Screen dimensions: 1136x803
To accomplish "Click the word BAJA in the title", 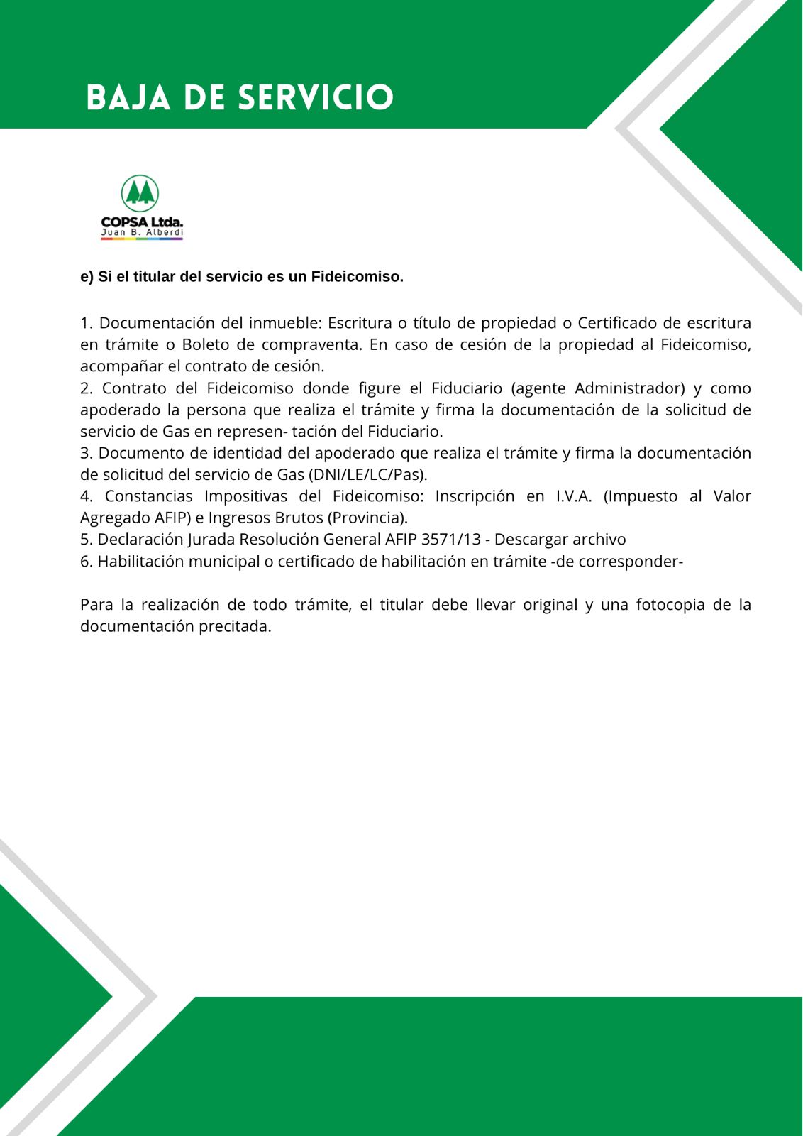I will coord(128,97).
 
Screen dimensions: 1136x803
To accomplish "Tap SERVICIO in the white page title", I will coord(316,97).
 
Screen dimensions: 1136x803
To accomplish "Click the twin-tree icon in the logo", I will coord(140,193).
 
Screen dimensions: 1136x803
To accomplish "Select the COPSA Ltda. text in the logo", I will coord(142,223).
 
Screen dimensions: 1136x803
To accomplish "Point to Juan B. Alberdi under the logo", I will coord(142,232).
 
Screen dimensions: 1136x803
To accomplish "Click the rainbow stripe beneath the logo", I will coord(142,239).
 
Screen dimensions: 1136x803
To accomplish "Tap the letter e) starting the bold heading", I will coord(87,277).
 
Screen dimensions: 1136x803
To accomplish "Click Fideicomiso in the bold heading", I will coord(357,277).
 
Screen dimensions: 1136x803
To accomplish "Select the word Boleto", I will coord(206,345).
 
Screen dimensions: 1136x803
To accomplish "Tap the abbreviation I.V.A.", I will coord(574,496).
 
